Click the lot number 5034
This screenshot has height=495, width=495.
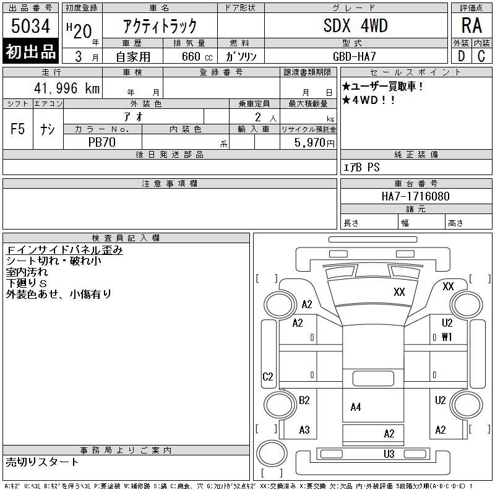tap(31, 26)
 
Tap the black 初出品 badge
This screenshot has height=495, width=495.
tap(31, 52)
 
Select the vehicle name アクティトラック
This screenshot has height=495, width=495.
tap(160, 26)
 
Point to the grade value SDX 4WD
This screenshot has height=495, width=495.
tap(355, 26)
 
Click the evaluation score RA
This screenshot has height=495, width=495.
tap(471, 26)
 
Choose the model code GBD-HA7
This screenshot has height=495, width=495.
tap(355, 56)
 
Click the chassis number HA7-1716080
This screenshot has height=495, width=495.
tap(416, 196)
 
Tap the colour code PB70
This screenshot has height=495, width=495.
tap(103, 142)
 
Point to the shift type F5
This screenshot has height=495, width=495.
tap(18, 129)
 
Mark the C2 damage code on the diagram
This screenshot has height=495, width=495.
tap(268, 376)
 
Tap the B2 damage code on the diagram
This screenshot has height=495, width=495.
tap(304, 400)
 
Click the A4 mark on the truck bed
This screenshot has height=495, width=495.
tap(356, 407)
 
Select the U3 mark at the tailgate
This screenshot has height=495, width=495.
tap(389, 454)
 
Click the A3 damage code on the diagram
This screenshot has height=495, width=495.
tap(304, 429)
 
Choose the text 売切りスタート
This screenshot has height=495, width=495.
tap(43, 462)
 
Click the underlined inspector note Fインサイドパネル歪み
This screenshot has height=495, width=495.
tap(64, 250)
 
